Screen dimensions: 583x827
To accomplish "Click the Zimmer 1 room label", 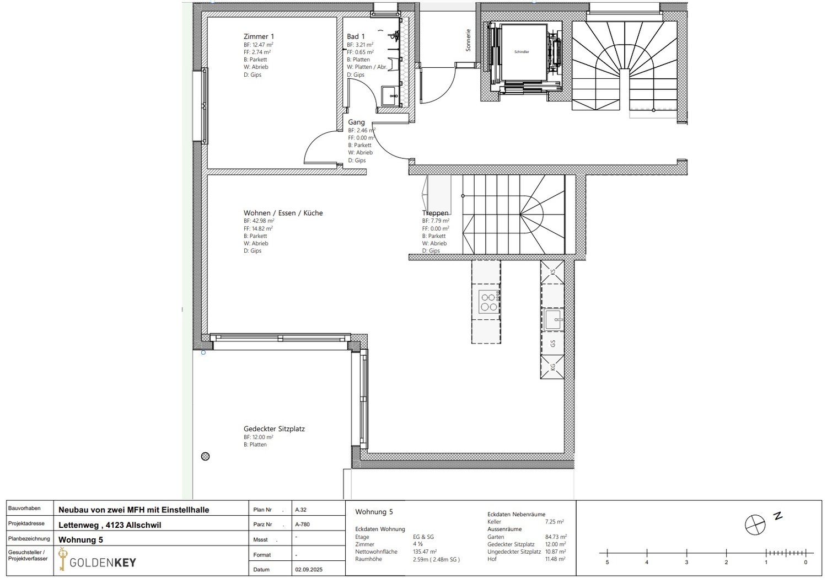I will click(x=259, y=36).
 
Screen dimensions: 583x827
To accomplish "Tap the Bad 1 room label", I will click(x=356, y=36).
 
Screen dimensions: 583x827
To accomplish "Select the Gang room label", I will click(x=356, y=122).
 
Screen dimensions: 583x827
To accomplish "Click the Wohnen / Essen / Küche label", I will click(x=283, y=213).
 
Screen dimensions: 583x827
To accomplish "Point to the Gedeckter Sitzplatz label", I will click(x=274, y=429).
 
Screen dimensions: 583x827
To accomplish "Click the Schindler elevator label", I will click(x=522, y=52).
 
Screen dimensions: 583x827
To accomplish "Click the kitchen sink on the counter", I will click(x=552, y=319).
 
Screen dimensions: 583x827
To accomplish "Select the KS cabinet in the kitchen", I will click(x=552, y=271).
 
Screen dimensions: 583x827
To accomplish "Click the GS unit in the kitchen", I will click(x=552, y=344).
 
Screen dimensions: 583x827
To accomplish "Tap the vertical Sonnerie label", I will click(x=468, y=40).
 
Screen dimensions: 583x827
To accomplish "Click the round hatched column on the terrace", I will click(x=206, y=456).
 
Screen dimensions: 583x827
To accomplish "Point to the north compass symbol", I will click(x=755, y=525).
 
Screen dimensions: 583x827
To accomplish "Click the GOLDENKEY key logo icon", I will click(x=62, y=559).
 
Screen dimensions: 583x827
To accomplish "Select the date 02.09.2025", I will click(x=309, y=569).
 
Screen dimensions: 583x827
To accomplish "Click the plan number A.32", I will click(x=301, y=510).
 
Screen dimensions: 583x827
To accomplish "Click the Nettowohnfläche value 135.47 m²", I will click(x=425, y=552).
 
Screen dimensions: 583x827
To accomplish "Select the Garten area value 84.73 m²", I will click(x=556, y=537).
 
